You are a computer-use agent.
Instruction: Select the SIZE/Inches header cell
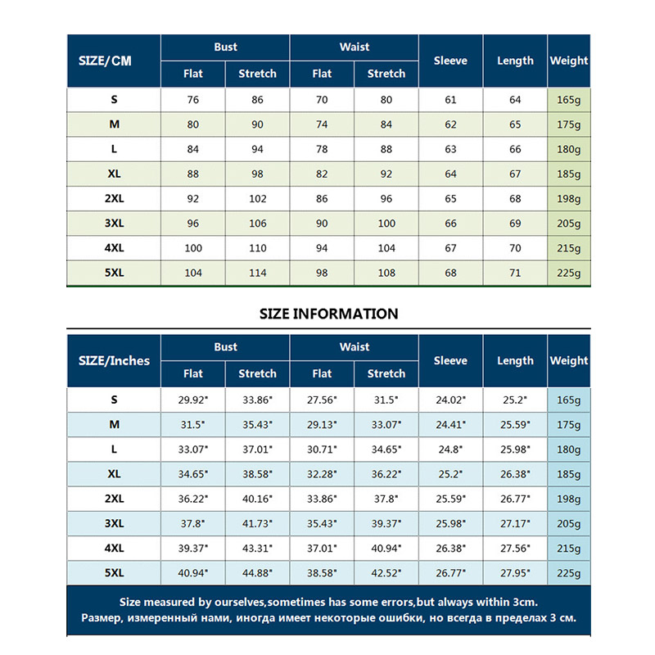click(x=114, y=360)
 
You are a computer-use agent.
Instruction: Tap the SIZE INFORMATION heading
click(x=328, y=314)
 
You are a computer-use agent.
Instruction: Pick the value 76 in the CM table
click(x=193, y=100)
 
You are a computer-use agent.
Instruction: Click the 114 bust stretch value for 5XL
click(x=257, y=273)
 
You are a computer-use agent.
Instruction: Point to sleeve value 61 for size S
click(x=450, y=100)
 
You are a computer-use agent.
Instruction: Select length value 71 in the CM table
click(x=515, y=273)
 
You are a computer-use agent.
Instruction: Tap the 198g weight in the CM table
click(x=569, y=199)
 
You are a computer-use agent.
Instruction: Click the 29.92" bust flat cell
click(x=193, y=400)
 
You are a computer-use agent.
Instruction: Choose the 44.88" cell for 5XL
click(x=257, y=572)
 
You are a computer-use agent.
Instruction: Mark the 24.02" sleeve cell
click(x=450, y=400)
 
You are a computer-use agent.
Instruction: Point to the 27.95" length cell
click(x=515, y=572)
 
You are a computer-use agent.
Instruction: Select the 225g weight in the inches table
click(x=569, y=572)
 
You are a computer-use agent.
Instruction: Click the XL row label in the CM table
click(x=114, y=174)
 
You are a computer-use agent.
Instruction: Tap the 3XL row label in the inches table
click(x=114, y=523)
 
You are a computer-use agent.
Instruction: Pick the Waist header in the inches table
click(x=355, y=347)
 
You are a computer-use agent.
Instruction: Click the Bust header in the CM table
click(x=226, y=47)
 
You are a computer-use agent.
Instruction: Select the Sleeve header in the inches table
click(x=450, y=360)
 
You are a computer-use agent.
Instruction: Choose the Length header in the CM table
click(x=515, y=61)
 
